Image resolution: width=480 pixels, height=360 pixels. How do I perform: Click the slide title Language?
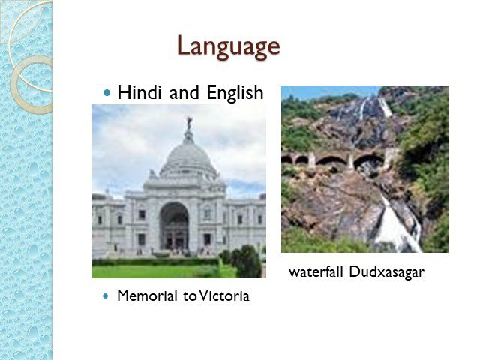228,46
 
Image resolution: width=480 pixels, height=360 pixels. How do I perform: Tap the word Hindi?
139,92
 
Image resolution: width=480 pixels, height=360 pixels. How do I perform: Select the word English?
235,93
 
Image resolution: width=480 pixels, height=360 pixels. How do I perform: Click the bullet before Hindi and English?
106,92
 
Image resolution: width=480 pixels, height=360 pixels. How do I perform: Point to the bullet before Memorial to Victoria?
106,296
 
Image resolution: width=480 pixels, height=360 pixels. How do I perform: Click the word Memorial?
147,295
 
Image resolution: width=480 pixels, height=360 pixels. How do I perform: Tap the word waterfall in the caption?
316,271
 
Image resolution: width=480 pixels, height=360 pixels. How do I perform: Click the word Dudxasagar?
387,271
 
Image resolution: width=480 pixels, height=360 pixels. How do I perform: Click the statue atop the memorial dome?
190,123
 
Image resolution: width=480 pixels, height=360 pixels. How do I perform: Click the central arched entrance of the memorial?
174,225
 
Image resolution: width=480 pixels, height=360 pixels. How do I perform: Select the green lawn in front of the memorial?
159,271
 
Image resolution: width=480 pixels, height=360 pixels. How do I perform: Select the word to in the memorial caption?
190,296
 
